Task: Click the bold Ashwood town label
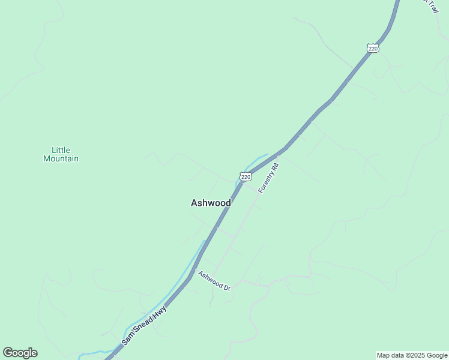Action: point(211,203)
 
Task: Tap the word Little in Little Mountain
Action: point(61,150)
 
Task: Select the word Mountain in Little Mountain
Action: point(61,159)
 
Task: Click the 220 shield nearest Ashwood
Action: point(245,176)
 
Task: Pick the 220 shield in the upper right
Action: point(373,48)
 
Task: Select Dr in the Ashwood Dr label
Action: point(227,287)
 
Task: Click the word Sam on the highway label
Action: point(128,338)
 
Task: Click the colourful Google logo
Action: point(20,353)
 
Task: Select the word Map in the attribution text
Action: point(384,355)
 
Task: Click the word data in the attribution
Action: point(397,355)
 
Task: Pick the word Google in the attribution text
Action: point(436,355)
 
